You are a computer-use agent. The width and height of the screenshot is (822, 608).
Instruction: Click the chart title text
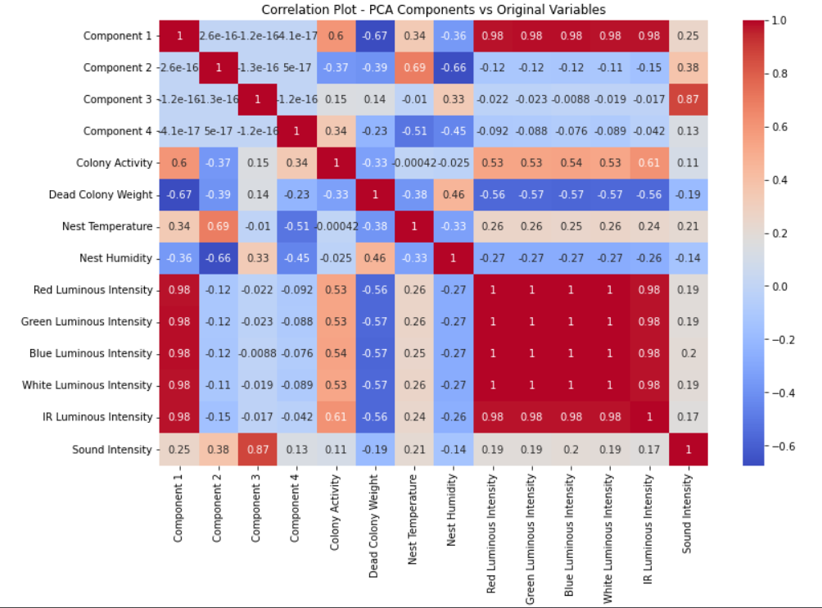pos(434,9)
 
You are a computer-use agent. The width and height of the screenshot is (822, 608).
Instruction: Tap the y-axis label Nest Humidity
pos(115,258)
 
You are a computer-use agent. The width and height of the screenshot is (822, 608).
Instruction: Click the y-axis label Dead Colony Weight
pos(101,194)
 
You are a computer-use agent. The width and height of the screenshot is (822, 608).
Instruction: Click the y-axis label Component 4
pos(118,131)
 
